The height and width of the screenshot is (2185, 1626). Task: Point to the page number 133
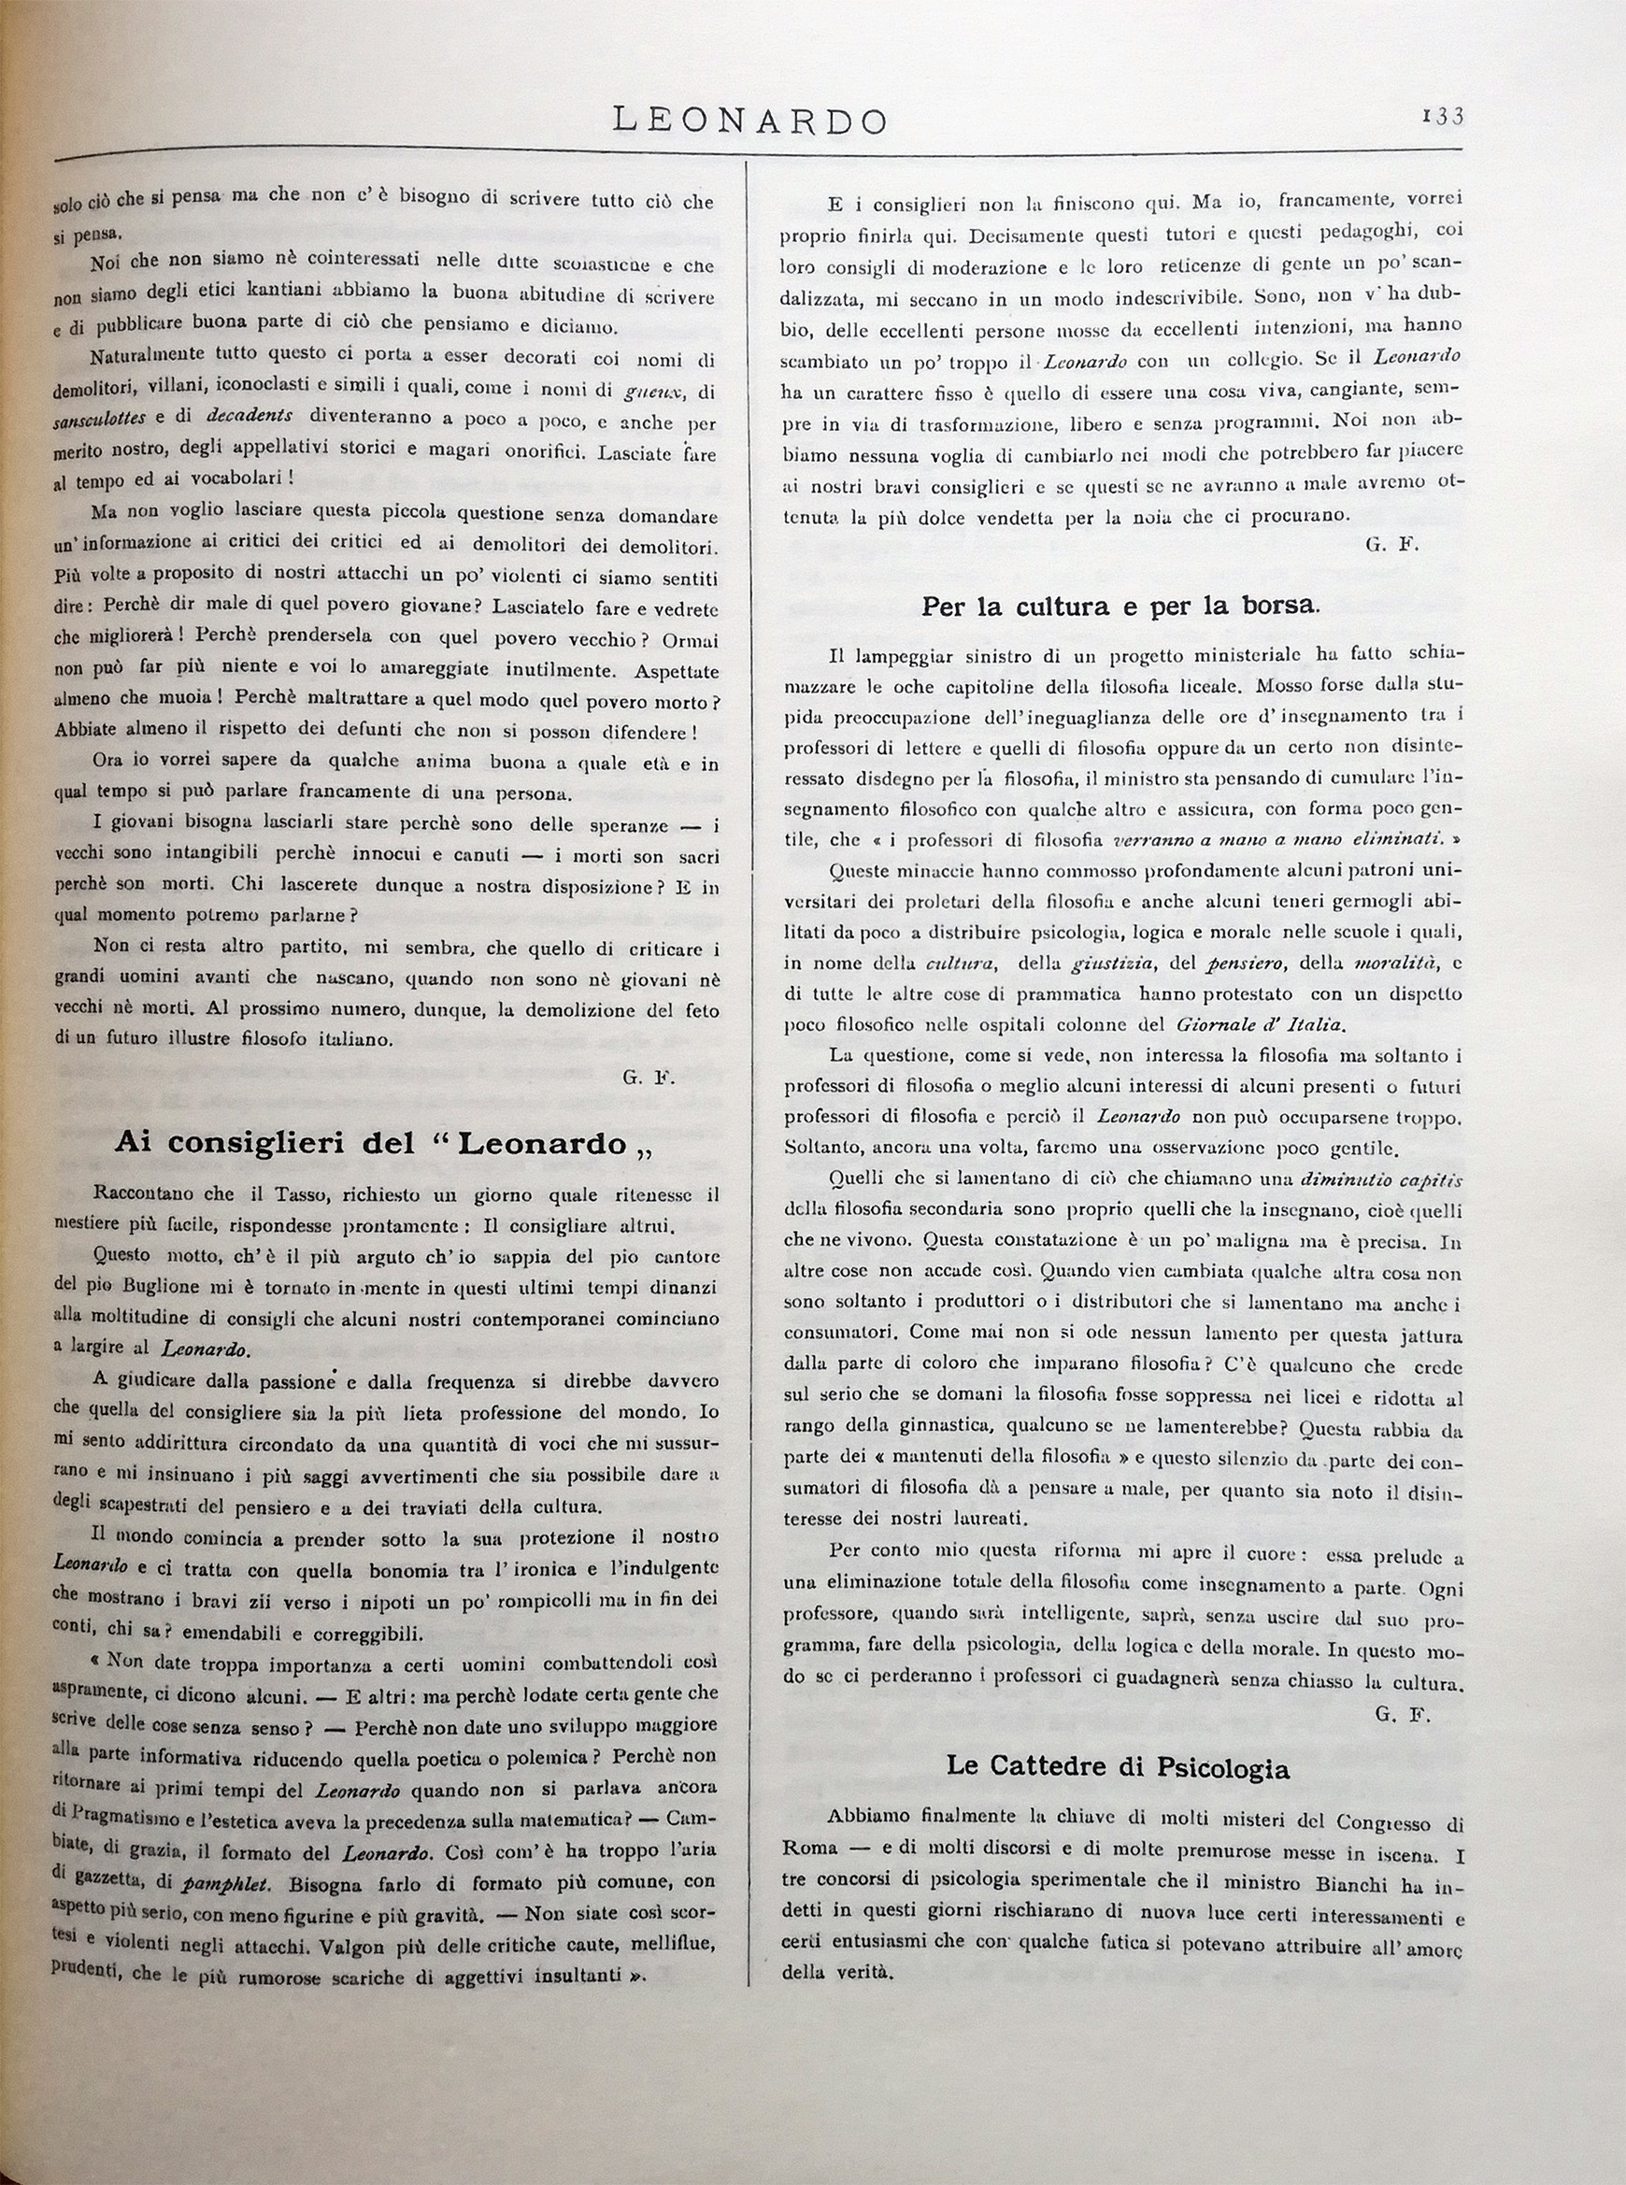(x=1443, y=116)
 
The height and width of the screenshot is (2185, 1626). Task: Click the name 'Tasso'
(x=289, y=1195)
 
